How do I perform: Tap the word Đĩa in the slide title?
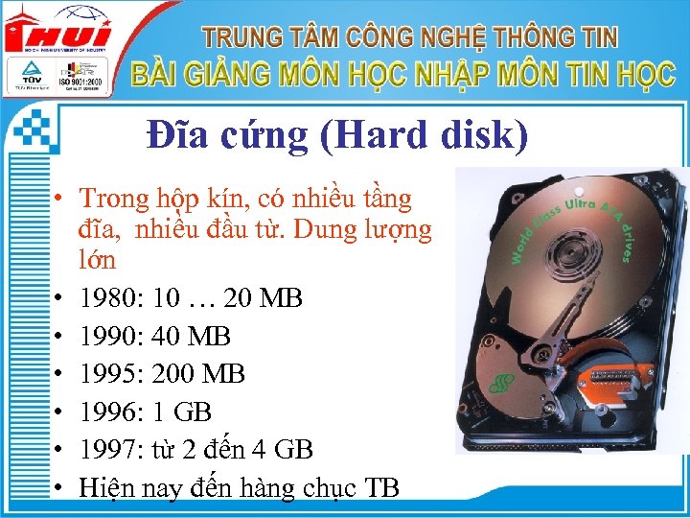tap(178, 136)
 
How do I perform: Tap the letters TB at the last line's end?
tap(381, 486)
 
